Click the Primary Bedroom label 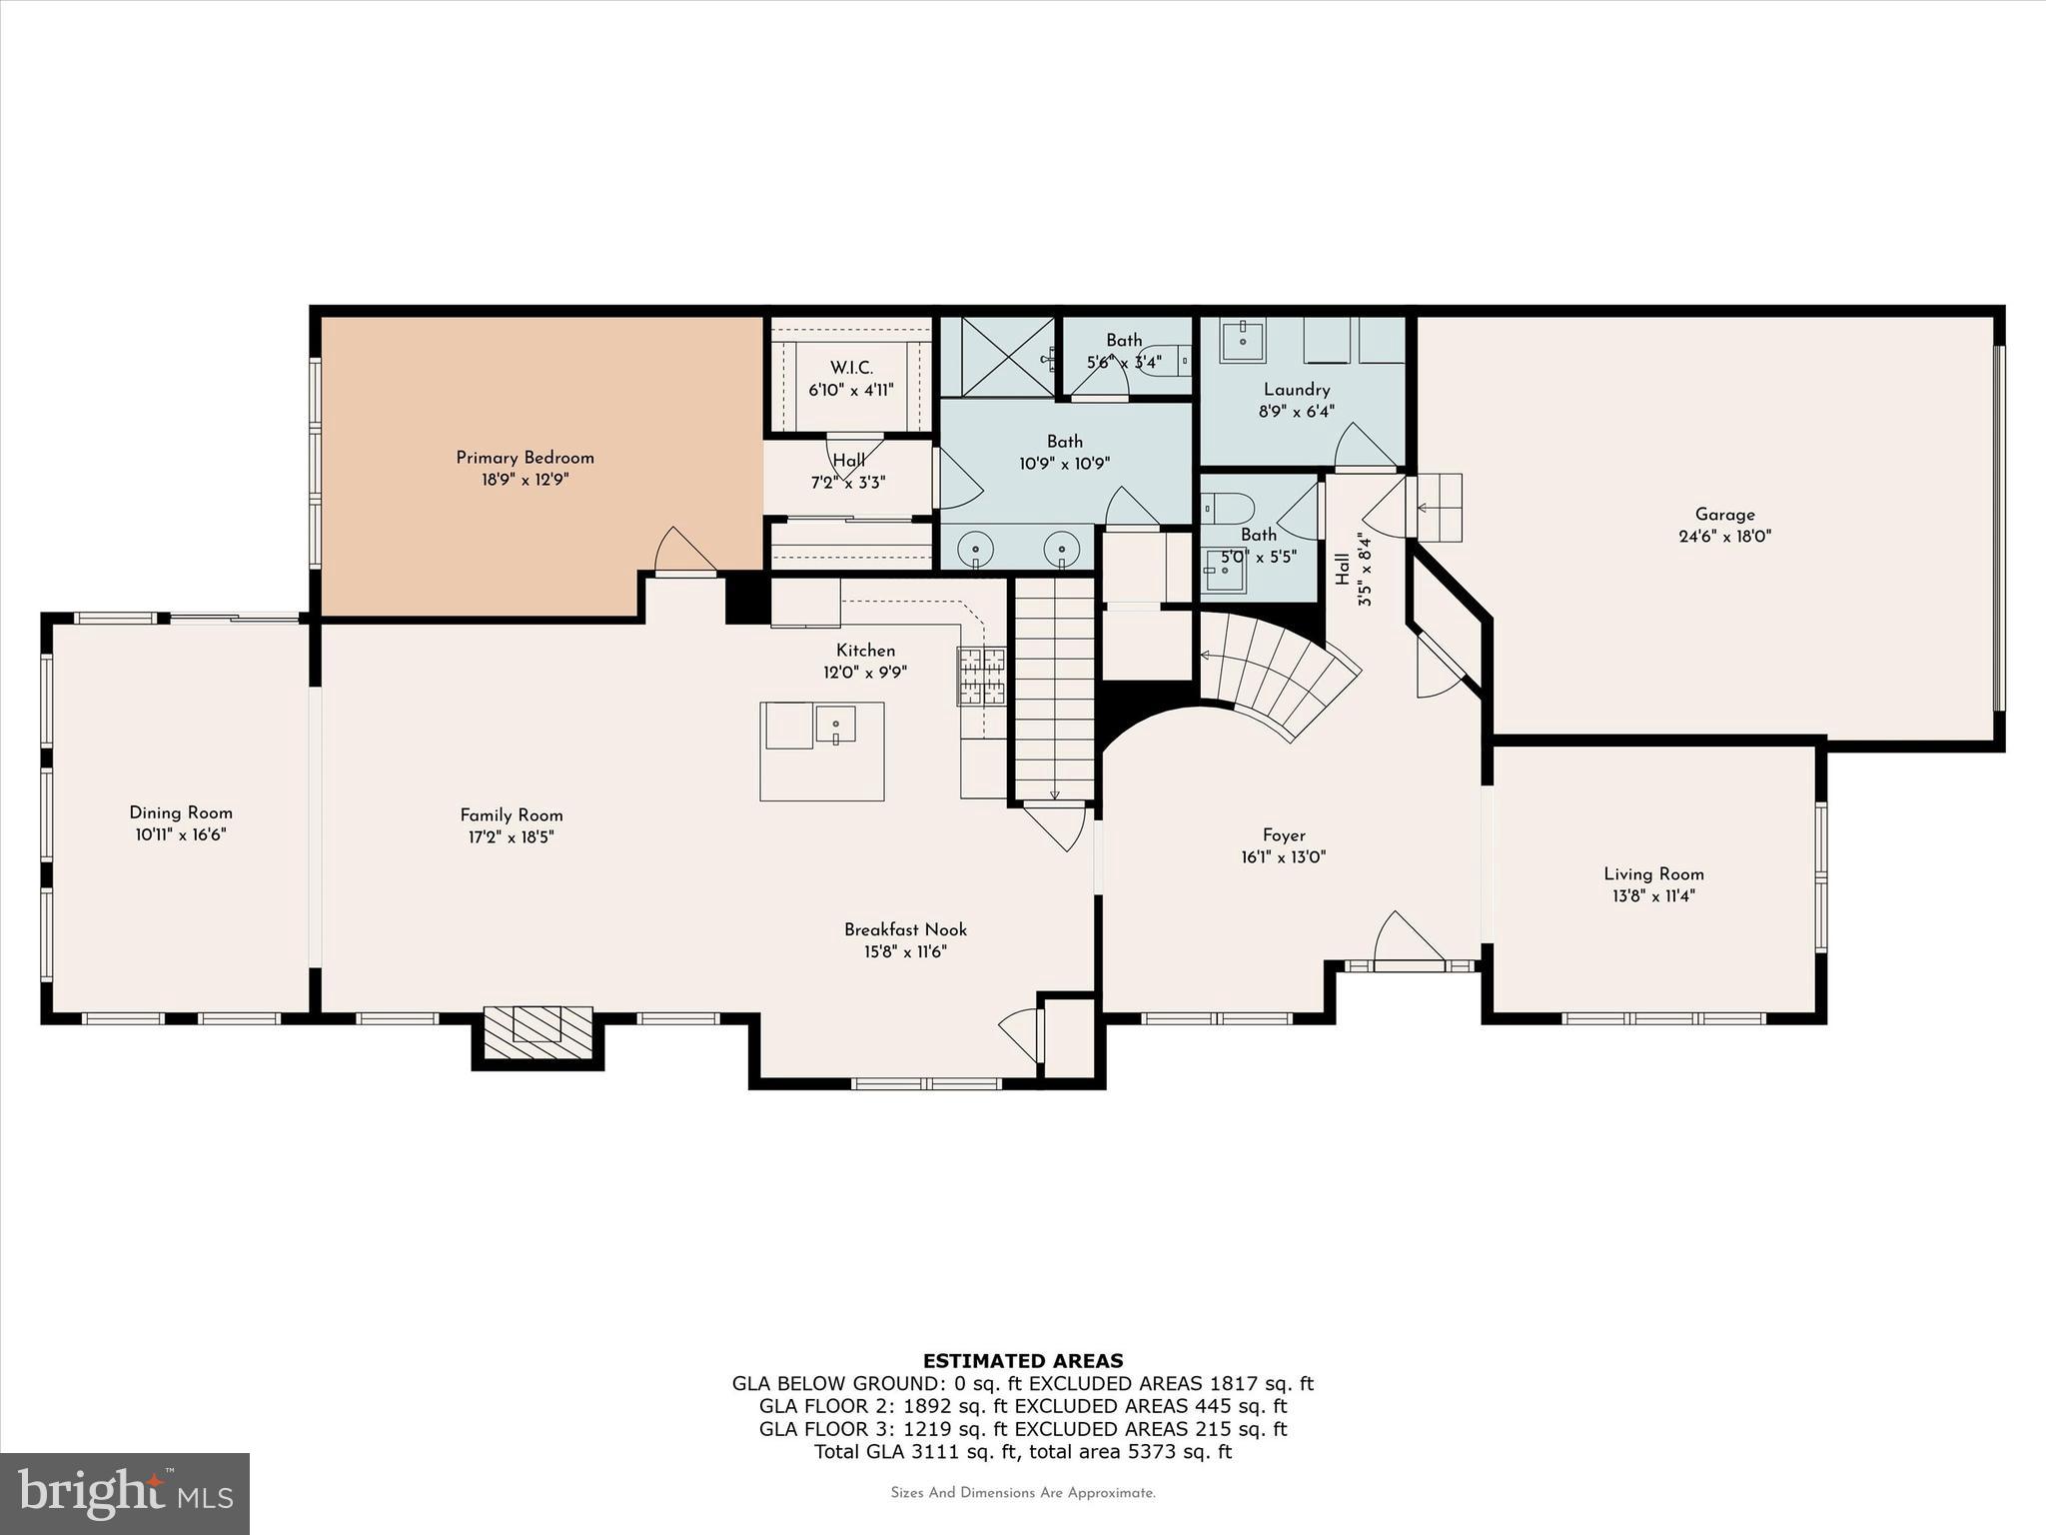[x=524, y=458]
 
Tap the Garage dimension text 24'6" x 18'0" [x=1724, y=537]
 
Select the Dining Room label [x=181, y=812]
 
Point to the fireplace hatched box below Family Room [x=537, y=1032]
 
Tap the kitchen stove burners [x=981, y=677]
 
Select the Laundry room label [x=1296, y=390]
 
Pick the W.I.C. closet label [x=851, y=368]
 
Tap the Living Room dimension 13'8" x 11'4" [x=1653, y=896]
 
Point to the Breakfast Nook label [x=905, y=929]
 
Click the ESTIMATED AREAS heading [x=1022, y=1360]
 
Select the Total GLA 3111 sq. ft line [x=1022, y=1452]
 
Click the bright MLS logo [x=125, y=1493]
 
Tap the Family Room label [x=511, y=814]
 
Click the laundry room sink [x=1242, y=340]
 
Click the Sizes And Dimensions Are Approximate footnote [x=1022, y=1493]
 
